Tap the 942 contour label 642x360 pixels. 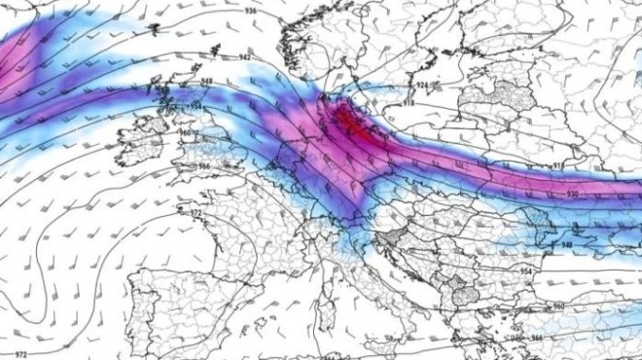pos(244,58)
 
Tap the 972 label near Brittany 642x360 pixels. pos(196,211)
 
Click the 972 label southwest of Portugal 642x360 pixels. pos(19,354)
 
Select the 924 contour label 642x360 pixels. pos(421,86)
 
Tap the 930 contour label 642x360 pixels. pos(544,195)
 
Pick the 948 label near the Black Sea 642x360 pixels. pos(566,245)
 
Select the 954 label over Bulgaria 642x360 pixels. pos(525,271)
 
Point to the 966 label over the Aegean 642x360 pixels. pos(536,337)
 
